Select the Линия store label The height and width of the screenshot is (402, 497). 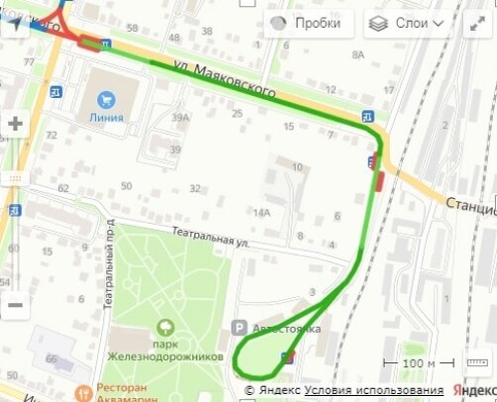(106, 116)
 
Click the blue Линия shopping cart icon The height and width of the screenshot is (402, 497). (106, 98)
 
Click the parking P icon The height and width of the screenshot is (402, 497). (238, 327)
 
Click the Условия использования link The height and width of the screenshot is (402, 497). (373, 390)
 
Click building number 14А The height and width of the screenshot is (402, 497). (261, 213)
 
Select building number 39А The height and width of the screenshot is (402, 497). (179, 118)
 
